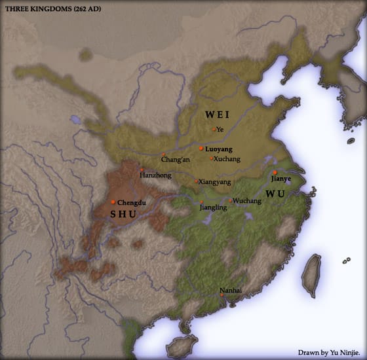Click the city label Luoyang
[x=219, y=149]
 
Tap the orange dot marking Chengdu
[x=113, y=202]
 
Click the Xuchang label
[x=227, y=159]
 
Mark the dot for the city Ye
[x=214, y=129]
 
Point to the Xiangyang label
[x=214, y=181]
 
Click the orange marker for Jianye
[x=275, y=172]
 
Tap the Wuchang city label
[x=247, y=201]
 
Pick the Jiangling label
[x=213, y=207]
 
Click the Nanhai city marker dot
[x=222, y=295]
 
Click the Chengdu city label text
[x=131, y=202]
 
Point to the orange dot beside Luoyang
[x=201, y=149]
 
